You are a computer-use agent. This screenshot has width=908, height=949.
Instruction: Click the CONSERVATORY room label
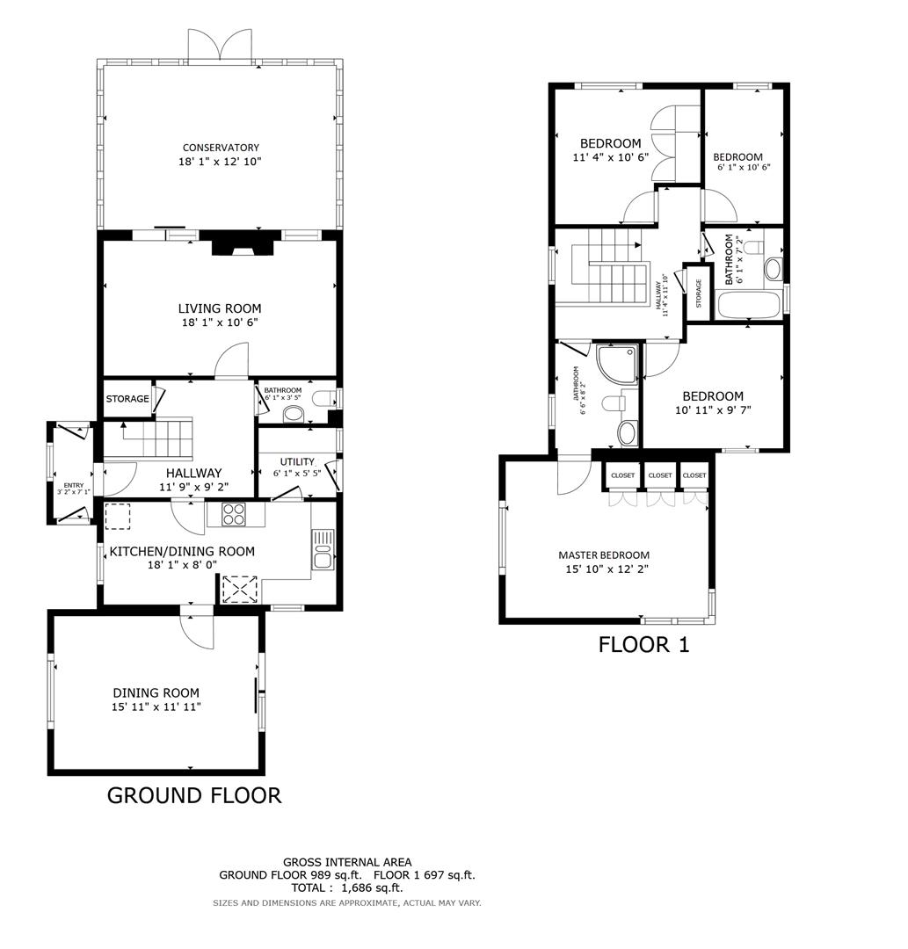coord(221,148)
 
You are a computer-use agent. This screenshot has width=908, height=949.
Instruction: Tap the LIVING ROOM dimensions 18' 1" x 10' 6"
coord(220,322)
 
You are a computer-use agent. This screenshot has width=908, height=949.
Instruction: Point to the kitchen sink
coord(323,550)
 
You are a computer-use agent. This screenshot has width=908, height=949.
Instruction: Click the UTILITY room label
coord(297,461)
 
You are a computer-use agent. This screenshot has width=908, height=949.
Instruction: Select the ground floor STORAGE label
coord(127,399)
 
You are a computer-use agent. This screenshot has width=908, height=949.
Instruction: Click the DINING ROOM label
coord(156,692)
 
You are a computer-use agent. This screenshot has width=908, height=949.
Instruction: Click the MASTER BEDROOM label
coord(604,554)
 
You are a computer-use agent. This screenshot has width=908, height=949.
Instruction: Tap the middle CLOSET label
coord(659,475)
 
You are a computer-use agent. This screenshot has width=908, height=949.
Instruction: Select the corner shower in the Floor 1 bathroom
coord(616,366)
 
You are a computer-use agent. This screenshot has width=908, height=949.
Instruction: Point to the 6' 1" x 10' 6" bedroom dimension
coord(743,167)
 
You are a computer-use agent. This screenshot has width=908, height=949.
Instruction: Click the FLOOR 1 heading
coord(643,644)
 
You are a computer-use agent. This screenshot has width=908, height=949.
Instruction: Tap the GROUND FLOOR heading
coord(193,795)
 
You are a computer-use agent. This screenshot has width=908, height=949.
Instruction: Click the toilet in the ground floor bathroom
coord(323,401)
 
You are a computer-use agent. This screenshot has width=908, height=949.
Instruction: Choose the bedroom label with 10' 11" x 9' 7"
coord(713,396)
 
